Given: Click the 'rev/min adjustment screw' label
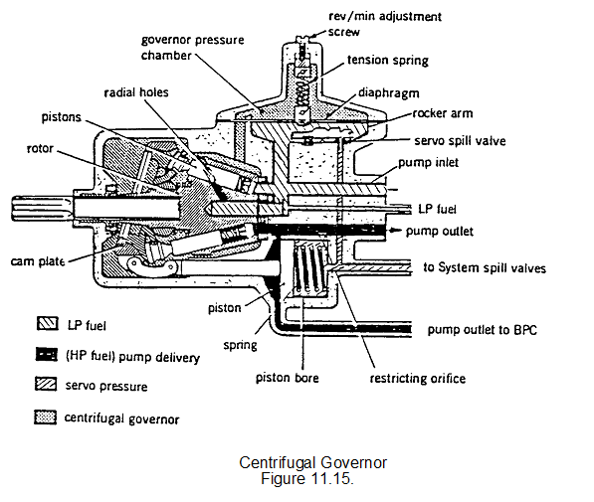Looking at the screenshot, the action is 384,24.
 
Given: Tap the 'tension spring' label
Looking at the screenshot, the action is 388,61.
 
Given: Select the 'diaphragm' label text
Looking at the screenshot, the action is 389,93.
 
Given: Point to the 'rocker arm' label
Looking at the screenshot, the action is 443,113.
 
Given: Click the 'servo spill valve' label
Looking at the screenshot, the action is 460,141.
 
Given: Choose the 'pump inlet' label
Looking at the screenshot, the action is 428,163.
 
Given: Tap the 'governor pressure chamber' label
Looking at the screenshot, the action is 192,48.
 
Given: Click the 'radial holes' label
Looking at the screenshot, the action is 136,92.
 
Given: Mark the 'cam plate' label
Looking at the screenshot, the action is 38,261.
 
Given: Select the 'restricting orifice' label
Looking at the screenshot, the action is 418,378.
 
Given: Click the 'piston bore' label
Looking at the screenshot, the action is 288,378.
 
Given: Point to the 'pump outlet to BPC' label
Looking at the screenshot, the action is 483,330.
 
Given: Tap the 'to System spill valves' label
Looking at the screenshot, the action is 485,268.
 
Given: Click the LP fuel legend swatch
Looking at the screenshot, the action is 48,324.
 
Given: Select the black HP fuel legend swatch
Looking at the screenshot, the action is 47,355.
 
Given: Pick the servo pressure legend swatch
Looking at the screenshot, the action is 46,385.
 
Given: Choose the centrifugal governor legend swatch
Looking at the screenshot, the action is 46,418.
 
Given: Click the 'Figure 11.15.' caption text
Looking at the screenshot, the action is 307,478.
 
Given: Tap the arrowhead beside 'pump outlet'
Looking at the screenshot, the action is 396,231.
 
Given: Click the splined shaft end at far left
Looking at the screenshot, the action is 42,208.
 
